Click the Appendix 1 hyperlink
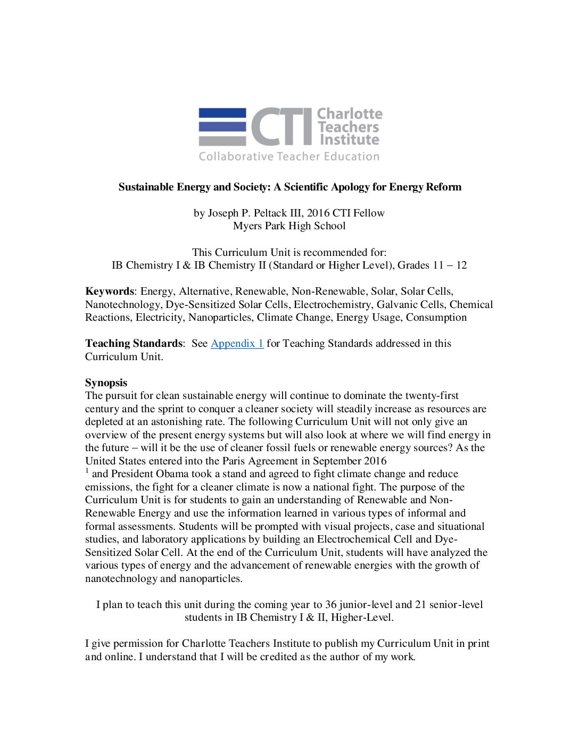click(237, 344)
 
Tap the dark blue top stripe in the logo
click(222, 113)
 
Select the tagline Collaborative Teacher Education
click(289, 156)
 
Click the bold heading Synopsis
click(106, 383)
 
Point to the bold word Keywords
click(109, 292)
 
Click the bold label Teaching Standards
click(133, 344)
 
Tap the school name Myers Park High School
click(289, 226)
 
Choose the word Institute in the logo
click(350, 140)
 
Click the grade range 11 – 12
click(450, 265)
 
